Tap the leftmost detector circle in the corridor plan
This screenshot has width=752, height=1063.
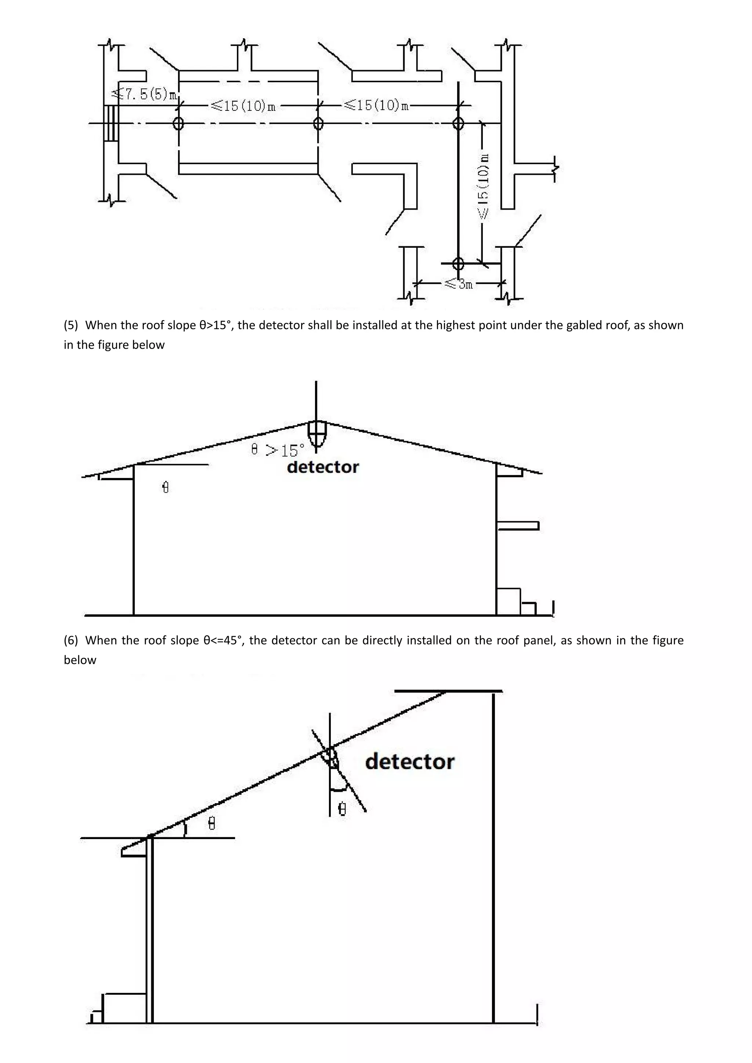(x=178, y=124)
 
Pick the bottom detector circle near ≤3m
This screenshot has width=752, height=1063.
(x=458, y=264)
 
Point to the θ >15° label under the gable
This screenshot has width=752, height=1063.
(x=278, y=450)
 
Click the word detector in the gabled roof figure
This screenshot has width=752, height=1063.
(x=323, y=467)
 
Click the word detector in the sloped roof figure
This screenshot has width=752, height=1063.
(x=410, y=762)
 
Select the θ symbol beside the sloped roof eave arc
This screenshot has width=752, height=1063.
(x=211, y=823)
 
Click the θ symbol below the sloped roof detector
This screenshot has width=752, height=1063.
(x=342, y=809)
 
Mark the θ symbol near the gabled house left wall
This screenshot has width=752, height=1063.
(x=166, y=487)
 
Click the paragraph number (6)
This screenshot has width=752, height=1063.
(x=71, y=640)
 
